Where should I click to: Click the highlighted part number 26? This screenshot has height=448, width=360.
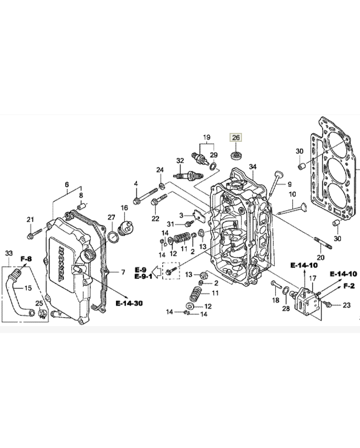pyautogui.click(x=236, y=138)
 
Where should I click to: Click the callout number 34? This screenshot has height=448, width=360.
pyautogui.click(x=252, y=167)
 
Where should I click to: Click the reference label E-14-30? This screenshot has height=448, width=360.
pyautogui.click(x=129, y=303)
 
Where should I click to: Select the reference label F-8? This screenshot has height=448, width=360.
pyautogui.click(x=26, y=259)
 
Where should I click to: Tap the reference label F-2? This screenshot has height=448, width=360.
pyautogui.click(x=349, y=286)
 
